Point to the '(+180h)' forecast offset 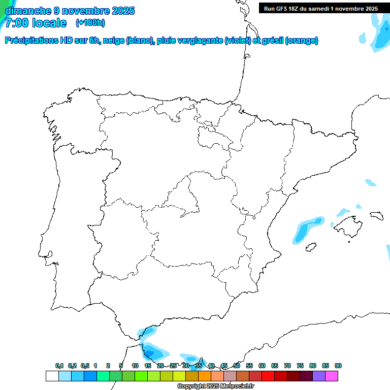point(90,23)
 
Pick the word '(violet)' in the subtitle point(237,41)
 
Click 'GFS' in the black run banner point(284,9)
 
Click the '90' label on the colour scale point(338,366)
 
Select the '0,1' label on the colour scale point(59,366)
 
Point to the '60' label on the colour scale point(262,366)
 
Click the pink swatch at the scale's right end point(332,376)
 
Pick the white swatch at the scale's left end point(52,376)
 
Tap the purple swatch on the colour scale point(319,376)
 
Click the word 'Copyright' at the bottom point(190,386)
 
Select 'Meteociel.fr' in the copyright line point(237,386)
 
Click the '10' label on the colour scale point(135,366)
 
